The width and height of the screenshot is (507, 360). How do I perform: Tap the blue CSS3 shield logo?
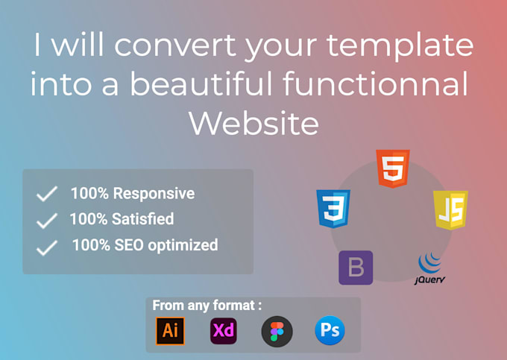click(x=333, y=208)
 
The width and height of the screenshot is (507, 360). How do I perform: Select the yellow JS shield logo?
click(x=450, y=209)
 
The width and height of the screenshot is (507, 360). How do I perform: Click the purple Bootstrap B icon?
click(x=356, y=268)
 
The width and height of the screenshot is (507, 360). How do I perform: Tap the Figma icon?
click(x=277, y=331)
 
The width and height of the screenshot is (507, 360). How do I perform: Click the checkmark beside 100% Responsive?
click(x=47, y=195)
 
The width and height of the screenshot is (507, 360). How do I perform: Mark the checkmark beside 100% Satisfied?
click(x=47, y=220)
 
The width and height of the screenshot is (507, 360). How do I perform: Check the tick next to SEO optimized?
click(x=47, y=247)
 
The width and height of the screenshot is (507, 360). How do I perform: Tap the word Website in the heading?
click(x=253, y=122)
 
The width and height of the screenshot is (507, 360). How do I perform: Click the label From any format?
click(x=207, y=305)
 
